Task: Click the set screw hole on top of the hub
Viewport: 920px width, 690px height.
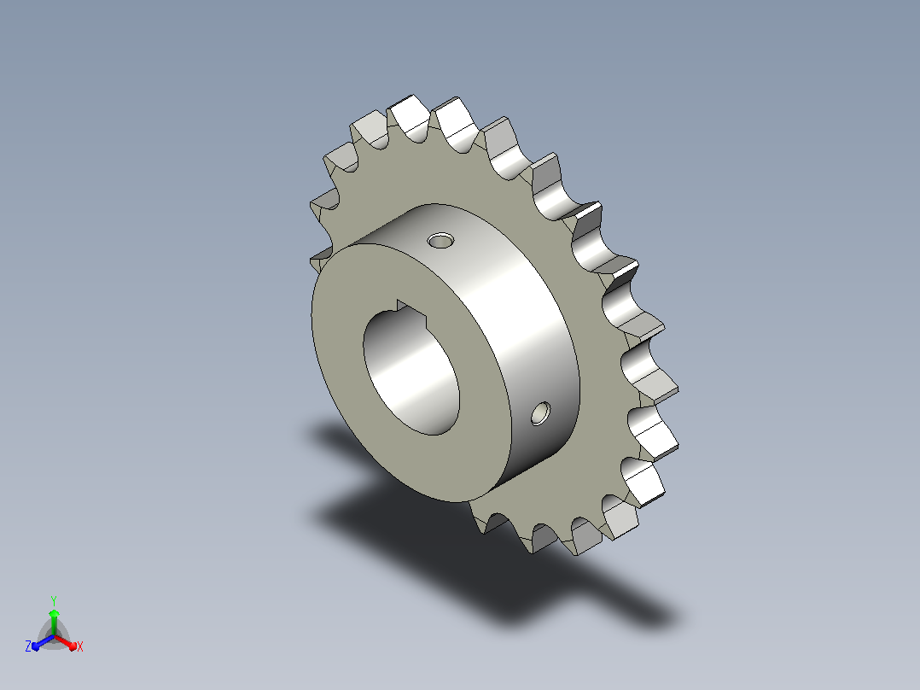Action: [440, 240]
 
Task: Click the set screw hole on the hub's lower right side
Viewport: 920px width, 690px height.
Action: [540, 413]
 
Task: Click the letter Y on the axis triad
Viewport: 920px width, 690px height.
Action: [54, 600]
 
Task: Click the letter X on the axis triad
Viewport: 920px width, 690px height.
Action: [80, 646]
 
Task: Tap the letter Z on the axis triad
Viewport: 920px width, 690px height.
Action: [28, 646]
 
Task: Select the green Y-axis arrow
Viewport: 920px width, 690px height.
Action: [54, 622]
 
